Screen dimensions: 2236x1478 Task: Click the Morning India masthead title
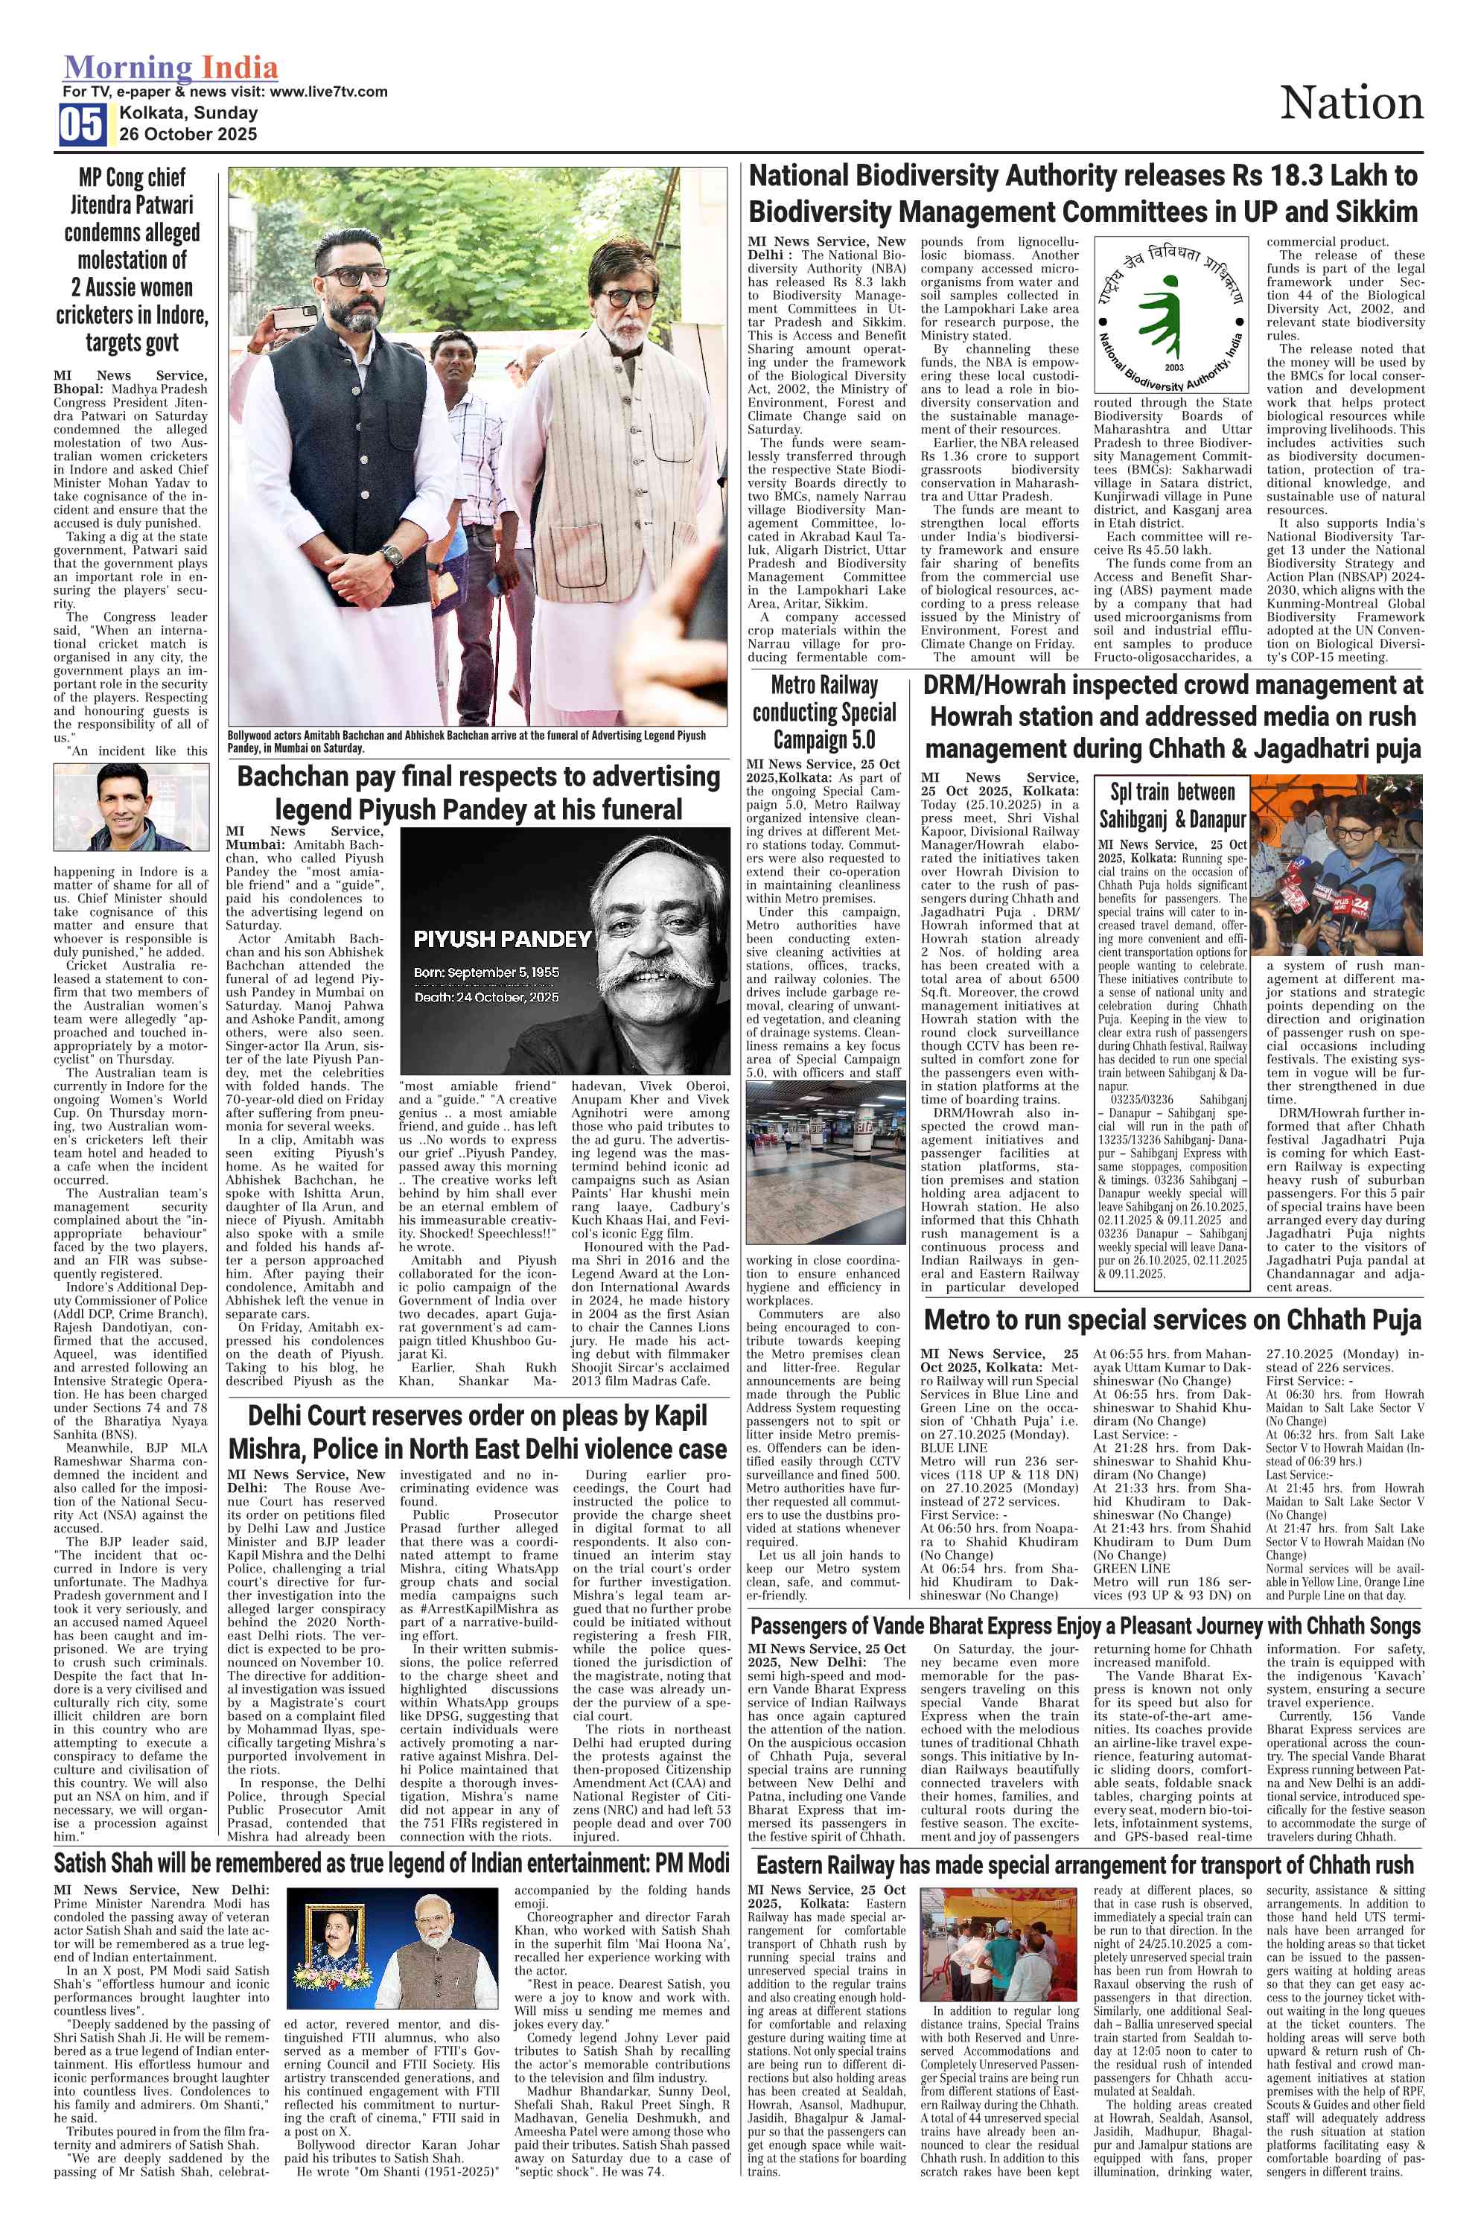click(171, 68)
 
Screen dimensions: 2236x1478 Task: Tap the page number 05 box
click(82, 124)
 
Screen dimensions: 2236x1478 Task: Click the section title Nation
click(1351, 103)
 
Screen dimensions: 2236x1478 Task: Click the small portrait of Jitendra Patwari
click(131, 807)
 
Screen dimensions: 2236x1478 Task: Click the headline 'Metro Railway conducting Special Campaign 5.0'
click(823, 712)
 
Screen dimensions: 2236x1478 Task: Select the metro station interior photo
click(823, 1162)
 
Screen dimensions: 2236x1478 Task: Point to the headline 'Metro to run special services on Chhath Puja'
click(1172, 1319)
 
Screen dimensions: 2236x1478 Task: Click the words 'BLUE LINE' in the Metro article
click(954, 1446)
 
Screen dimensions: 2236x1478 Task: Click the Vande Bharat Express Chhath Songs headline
click(1085, 1626)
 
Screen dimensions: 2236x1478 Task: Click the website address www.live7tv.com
click(328, 92)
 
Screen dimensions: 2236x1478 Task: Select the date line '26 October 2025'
click(188, 134)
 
